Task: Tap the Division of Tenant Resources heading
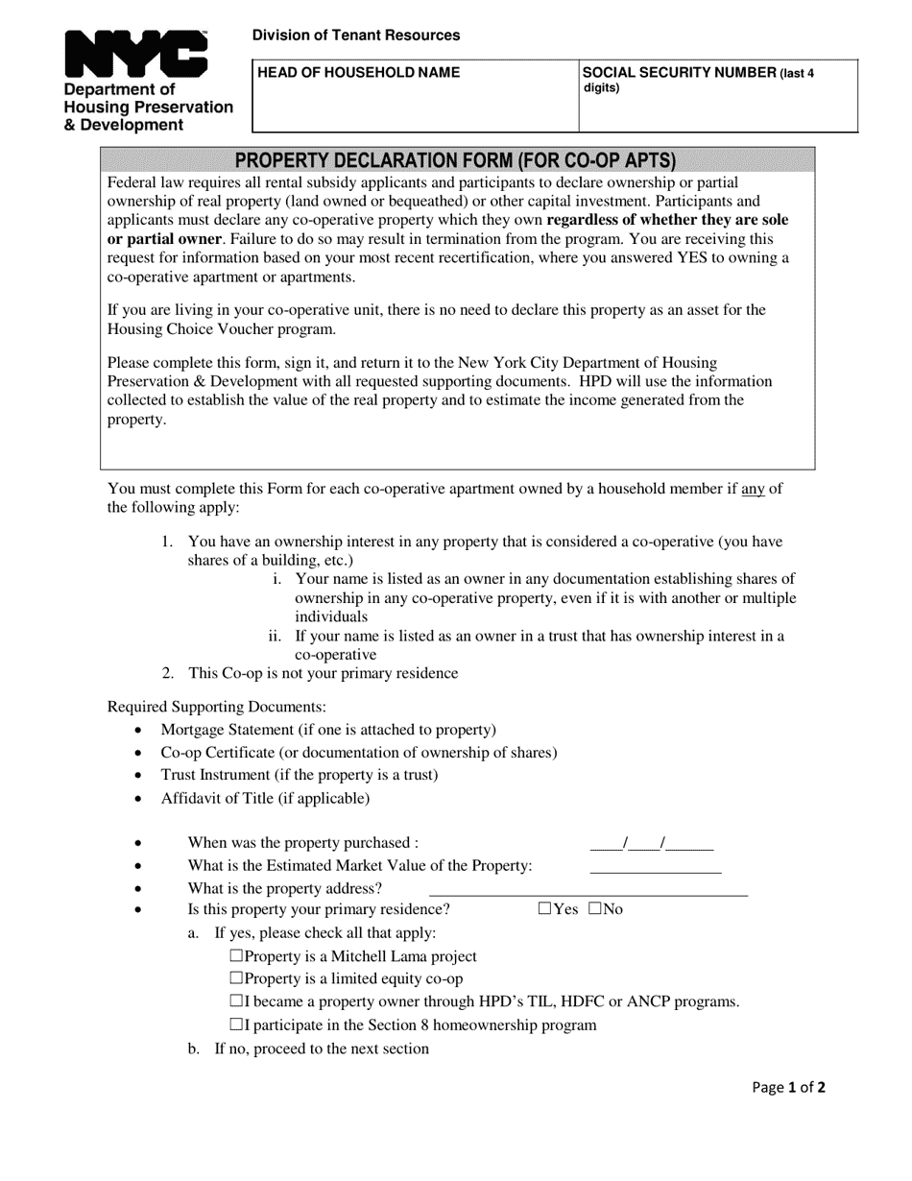[356, 36]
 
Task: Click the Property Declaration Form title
[456, 160]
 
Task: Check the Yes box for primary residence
[545, 908]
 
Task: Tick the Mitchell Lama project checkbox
[237, 955]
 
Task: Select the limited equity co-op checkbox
[237, 978]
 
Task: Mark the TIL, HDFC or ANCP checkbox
[237, 1001]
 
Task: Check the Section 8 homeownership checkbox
[237, 1024]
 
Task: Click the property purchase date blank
[651, 844]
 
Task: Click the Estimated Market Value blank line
[655, 867]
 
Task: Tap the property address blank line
[588, 889]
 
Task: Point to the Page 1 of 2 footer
[789, 1088]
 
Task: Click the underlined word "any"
[754, 489]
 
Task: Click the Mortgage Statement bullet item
[328, 731]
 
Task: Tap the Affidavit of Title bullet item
[265, 798]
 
